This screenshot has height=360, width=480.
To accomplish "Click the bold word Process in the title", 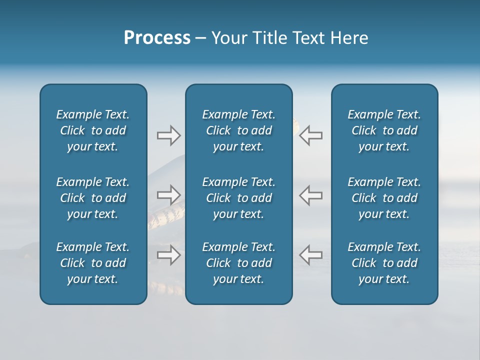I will coord(157,38).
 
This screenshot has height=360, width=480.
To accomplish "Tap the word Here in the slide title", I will coord(349,38).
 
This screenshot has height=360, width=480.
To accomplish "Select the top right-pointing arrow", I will coord(168,135).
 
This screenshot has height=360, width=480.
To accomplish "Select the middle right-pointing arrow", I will coord(168,195).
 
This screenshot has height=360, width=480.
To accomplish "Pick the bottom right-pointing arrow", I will coord(168,255).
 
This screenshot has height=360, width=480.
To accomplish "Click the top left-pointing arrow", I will coord(311,135).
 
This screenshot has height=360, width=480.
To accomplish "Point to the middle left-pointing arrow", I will coord(311,195).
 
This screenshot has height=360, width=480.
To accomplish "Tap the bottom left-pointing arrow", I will coord(311,255).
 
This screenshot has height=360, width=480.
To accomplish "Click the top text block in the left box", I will coord(93,130).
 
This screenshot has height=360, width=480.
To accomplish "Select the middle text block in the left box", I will coord(93,198).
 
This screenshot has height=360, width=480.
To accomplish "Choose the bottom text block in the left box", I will coord(93,263).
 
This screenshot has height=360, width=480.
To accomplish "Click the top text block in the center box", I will coord(239,130).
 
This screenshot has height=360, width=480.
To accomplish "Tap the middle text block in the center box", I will coord(239,198).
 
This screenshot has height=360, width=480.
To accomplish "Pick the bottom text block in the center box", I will coord(239,263).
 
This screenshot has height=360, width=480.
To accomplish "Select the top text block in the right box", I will coord(384,130).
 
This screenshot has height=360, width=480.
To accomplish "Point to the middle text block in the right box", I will coord(384,198).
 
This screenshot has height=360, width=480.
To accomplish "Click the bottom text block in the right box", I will coord(384,263).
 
